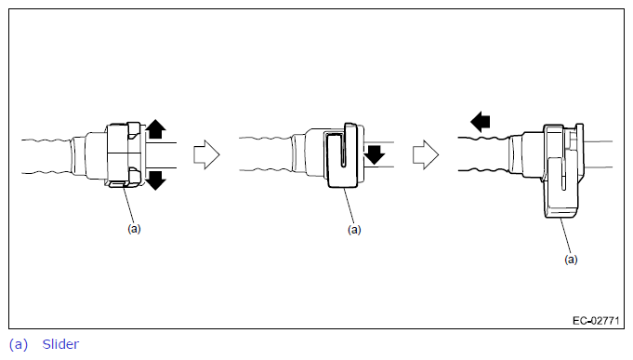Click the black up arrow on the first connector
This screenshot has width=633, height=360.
155,129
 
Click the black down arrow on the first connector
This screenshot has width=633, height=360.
155,180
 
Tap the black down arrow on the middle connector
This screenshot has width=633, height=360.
375,154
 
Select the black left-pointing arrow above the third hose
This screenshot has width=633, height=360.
481,122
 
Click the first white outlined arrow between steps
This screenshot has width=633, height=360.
206,154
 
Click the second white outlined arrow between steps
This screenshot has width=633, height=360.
426,154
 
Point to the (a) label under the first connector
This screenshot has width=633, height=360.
134,229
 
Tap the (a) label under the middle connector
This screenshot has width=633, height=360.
354,230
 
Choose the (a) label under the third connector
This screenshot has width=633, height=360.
571,259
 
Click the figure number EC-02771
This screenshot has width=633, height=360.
596,321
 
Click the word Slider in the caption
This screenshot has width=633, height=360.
60,344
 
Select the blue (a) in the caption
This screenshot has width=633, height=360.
19,344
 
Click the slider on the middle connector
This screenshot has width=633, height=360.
341,155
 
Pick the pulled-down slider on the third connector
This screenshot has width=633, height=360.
562,172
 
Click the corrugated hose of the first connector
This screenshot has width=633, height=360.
46,157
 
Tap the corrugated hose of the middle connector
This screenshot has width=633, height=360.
266,153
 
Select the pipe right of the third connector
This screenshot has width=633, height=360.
599,154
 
